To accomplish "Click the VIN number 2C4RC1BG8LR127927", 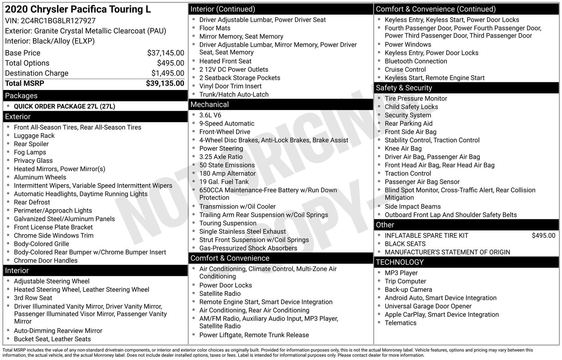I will click(x=58, y=21).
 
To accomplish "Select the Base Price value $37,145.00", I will click(x=165, y=53).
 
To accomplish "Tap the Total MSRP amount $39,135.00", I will click(x=165, y=83).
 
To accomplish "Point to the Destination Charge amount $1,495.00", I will click(x=168, y=73).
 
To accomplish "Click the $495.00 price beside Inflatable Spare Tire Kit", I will click(x=543, y=236).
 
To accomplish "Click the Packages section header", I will click(x=21, y=96).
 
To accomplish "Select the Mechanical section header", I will click(x=209, y=104).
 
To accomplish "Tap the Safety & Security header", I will click(x=404, y=88).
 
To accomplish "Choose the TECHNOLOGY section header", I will click(x=400, y=262).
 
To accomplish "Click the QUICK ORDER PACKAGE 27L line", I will click(x=64, y=106).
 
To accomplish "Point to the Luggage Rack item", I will click(x=34, y=136).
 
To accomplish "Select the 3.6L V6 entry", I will click(x=210, y=115).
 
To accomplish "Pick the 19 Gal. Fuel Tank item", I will click(x=224, y=182).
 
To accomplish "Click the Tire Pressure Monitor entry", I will click(x=416, y=99).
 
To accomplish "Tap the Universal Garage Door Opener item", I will click(x=428, y=306).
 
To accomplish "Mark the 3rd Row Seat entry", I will click(x=33, y=298).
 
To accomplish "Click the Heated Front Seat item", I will click(x=225, y=61).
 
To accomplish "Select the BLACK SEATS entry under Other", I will click(x=405, y=244).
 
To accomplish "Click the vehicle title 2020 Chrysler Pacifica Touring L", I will click(x=78, y=9).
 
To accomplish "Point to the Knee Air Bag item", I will click(x=403, y=149).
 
